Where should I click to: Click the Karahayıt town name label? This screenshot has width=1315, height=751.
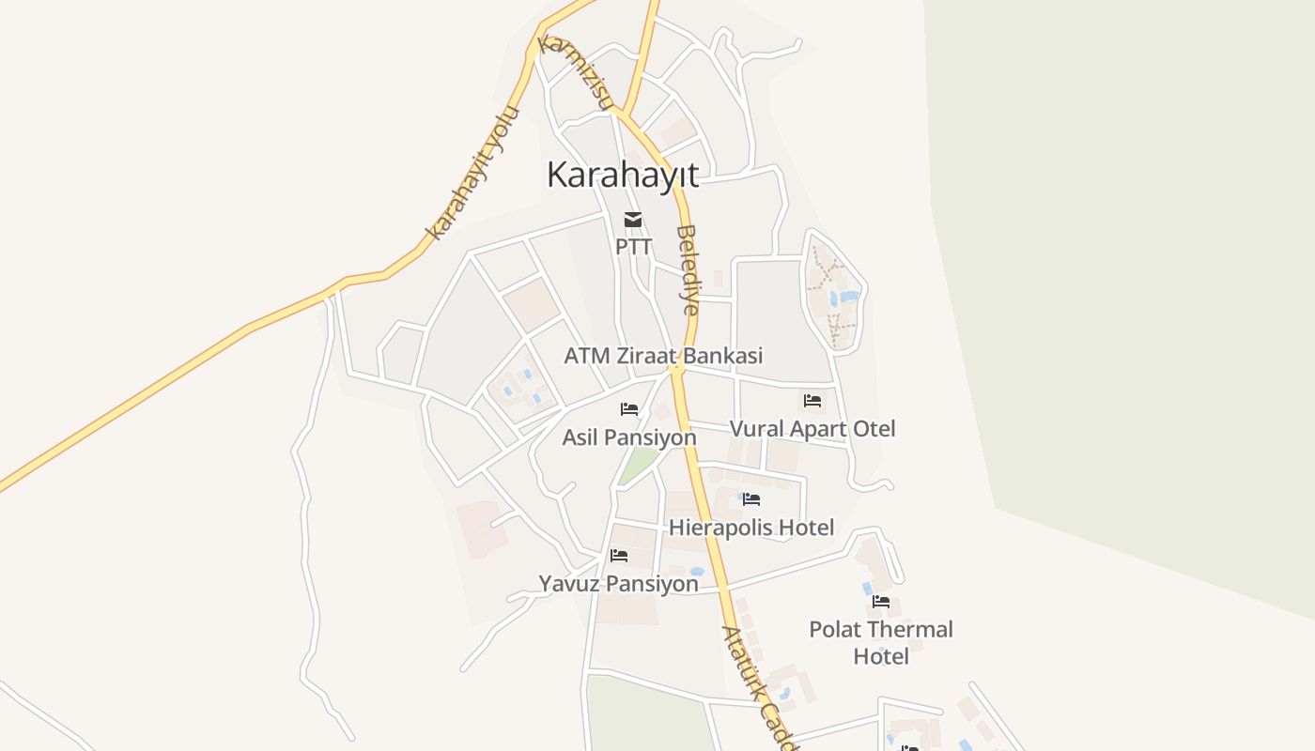pyautogui.click(x=623, y=176)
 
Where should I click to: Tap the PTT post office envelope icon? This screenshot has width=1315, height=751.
pyautogui.click(x=633, y=221)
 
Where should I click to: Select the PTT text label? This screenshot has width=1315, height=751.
pyautogui.click(x=633, y=247)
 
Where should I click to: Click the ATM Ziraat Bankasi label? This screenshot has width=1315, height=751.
pyautogui.click(x=663, y=357)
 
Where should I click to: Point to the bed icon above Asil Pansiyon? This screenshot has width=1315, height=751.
pyautogui.click(x=629, y=409)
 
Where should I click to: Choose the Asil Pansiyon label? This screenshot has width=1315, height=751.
pyautogui.click(x=629, y=437)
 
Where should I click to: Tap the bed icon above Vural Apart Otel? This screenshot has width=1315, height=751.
pyautogui.click(x=812, y=401)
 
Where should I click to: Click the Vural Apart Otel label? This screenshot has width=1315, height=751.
pyautogui.click(x=812, y=429)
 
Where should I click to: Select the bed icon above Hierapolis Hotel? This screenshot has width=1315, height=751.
pyautogui.click(x=750, y=499)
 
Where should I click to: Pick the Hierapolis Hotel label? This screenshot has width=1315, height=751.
pyautogui.click(x=750, y=528)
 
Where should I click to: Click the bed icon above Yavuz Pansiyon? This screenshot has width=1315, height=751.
pyautogui.click(x=618, y=556)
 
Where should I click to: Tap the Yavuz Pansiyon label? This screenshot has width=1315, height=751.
pyautogui.click(x=618, y=584)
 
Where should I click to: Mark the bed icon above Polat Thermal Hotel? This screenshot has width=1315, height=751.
pyautogui.click(x=881, y=602)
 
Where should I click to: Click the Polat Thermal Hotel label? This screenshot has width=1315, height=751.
pyautogui.click(x=881, y=642)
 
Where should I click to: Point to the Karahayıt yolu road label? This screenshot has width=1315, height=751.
pyautogui.click(x=473, y=175)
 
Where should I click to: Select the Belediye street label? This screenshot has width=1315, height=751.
pyautogui.click(x=688, y=269)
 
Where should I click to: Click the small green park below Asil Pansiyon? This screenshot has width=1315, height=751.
pyautogui.click(x=638, y=465)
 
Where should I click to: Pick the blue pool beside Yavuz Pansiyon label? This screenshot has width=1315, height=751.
pyautogui.click(x=697, y=571)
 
